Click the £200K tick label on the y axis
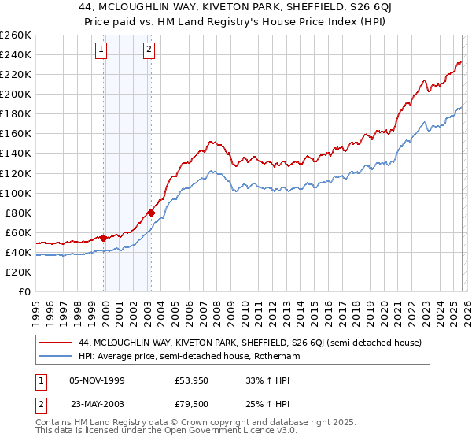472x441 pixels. (16, 94)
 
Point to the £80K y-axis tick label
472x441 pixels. (18, 213)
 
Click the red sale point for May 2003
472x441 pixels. (152, 213)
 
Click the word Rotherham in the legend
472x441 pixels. (303, 356)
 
